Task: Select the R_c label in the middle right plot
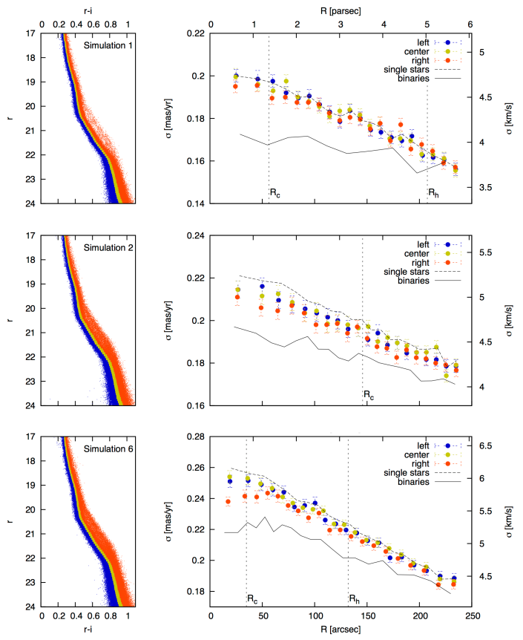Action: tap(369, 396)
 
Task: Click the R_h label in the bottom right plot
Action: tap(354, 598)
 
